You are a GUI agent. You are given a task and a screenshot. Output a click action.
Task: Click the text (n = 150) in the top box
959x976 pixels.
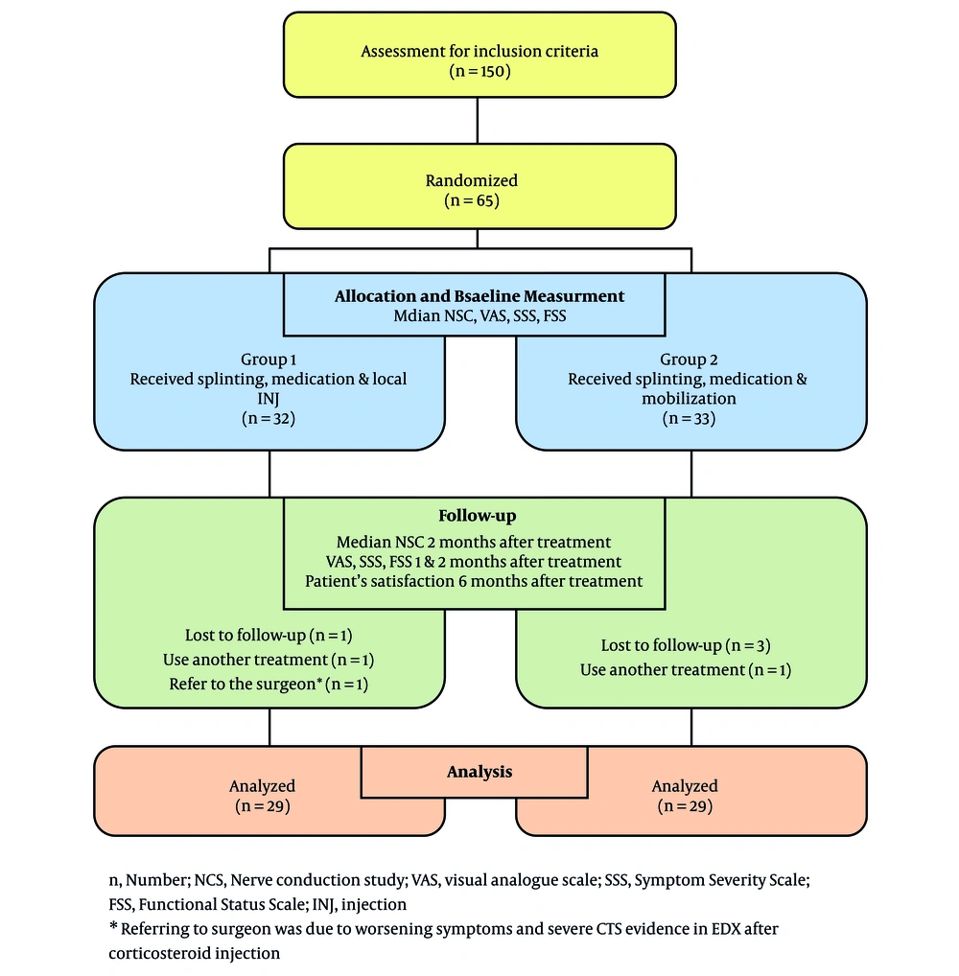pyautogui.click(x=479, y=71)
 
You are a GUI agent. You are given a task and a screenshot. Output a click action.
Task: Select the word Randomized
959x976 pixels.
pyautogui.click(x=472, y=180)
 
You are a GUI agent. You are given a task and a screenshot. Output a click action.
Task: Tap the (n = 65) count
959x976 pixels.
pyautogui.click(x=472, y=200)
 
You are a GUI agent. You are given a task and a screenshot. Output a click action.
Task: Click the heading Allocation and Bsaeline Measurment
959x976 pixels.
pyautogui.click(x=479, y=295)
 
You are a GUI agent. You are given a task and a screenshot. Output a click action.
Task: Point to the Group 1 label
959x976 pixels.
pyautogui.click(x=269, y=360)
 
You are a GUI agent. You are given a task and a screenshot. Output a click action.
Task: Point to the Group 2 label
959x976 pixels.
pyautogui.click(x=689, y=360)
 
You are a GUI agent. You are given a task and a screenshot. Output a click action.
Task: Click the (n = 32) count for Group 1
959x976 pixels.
pyautogui.click(x=269, y=418)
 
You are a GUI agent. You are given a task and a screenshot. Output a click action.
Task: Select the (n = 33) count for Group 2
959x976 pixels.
pyautogui.click(x=689, y=418)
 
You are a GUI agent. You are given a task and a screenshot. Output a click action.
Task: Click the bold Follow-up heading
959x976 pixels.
pyautogui.click(x=477, y=516)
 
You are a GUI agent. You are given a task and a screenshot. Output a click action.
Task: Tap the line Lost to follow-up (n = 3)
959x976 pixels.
pyautogui.click(x=686, y=645)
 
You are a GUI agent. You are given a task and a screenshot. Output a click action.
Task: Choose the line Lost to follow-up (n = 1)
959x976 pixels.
pyautogui.click(x=269, y=635)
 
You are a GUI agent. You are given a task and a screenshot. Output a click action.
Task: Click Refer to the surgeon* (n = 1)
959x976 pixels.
pyautogui.click(x=269, y=685)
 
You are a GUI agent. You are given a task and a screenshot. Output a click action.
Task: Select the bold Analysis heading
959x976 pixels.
pyautogui.click(x=479, y=772)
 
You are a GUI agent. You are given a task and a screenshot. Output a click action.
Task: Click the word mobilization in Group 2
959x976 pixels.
pyautogui.click(x=689, y=399)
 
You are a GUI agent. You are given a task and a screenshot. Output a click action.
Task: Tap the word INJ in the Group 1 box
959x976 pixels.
pyautogui.click(x=269, y=399)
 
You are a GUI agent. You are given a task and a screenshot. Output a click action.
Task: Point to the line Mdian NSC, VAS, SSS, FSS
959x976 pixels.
pyautogui.click(x=479, y=316)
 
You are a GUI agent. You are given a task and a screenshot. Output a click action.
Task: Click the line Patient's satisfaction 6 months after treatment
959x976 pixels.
pyautogui.click(x=474, y=581)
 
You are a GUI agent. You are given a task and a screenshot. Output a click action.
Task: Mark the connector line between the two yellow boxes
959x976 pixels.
pyautogui.click(x=478, y=121)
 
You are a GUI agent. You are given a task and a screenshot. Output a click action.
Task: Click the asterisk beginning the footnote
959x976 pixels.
pyautogui.click(x=113, y=926)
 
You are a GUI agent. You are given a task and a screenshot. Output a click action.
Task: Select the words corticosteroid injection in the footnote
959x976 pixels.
pyautogui.click(x=195, y=954)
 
